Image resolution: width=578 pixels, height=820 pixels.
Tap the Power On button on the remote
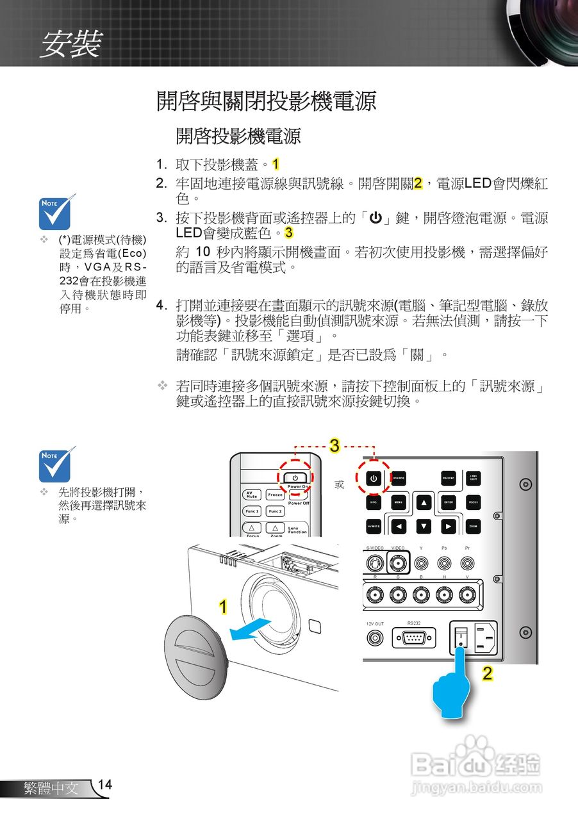pyautogui.click(x=295, y=477)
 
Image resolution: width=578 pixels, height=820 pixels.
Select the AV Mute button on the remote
pyautogui.click(x=251, y=495)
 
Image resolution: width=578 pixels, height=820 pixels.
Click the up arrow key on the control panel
pyautogui.click(x=424, y=502)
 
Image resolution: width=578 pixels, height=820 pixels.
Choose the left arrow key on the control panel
pyautogui.click(x=398, y=527)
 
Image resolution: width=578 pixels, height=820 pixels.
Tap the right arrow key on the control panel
pyautogui.click(x=449, y=527)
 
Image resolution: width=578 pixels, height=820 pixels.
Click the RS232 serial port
pyautogui.click(x=414, y=638)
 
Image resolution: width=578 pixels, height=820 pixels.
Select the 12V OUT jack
pyautogui.click(x=374, y=638)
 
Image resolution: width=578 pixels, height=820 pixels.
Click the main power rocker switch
pyautogui.click(x=461, y=637)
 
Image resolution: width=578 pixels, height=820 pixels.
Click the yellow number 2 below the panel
pyautogui.click(x=488, y=673)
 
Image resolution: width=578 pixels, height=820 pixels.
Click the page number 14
pyautogui.click(x=105, y=785)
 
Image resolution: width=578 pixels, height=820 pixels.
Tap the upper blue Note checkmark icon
pyautogui.click(x=58, y=212)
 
